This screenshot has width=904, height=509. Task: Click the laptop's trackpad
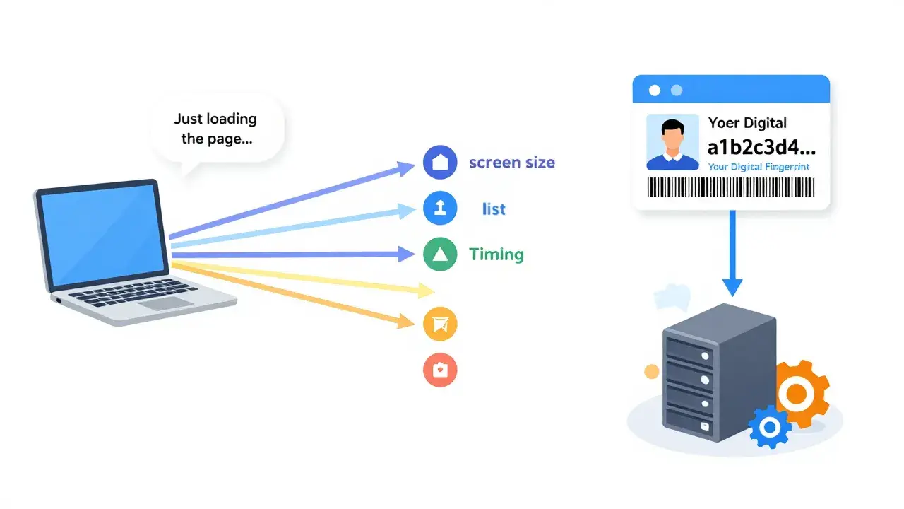pos(168,303)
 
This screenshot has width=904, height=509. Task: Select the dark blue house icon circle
pos(440,162)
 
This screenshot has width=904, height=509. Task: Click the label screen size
pos(512,163)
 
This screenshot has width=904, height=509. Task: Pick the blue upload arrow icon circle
pos(440,208)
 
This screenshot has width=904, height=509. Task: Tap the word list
pos(494,209)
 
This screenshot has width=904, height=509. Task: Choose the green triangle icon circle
pos(440,255)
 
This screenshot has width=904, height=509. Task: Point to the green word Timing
pos(496,255)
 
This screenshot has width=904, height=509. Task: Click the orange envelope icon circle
pos(440,324)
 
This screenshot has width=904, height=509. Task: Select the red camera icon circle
pos(440,370)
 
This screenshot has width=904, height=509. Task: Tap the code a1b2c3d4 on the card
pos(761,147)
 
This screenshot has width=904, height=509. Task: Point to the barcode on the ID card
pos(730,187)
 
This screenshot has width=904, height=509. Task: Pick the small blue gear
pos(770,427)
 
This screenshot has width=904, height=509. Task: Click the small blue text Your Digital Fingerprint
pos(759,167)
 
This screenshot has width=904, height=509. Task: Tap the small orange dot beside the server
pos(652,371)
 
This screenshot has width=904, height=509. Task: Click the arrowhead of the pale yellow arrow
pos(426,290)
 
